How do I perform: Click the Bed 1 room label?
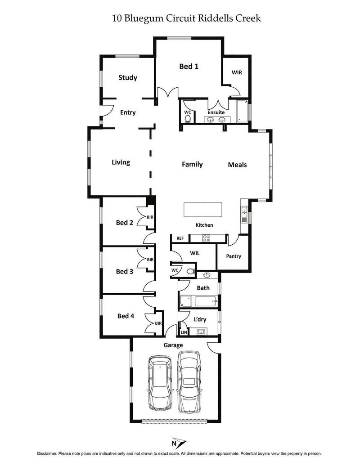tap(189, 67)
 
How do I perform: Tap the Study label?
tap(128, 78)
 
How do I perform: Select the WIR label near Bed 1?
tap(237, 72)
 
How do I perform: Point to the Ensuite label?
tap(216, 112)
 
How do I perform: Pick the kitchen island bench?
tap(202, 210)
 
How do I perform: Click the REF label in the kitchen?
tap(180, 238)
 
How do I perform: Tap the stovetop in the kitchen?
tap(207, 238)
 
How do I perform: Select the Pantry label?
tap(234, 256)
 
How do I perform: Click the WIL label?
tap(195, 254)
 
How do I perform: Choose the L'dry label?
tap(200, 320)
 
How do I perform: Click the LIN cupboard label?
tap(184, 333)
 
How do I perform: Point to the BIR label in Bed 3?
tap(150, 260)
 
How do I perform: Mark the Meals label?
tap(237, 165)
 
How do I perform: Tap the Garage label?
tap(173, 345)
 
